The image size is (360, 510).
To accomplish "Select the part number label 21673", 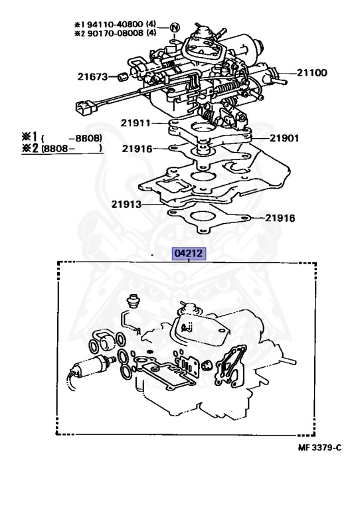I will coord(92,76).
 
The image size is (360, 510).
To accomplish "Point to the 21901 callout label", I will coord(284,139).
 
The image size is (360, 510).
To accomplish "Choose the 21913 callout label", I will coord(126,204).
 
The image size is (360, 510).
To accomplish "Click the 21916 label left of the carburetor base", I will coord(137,149).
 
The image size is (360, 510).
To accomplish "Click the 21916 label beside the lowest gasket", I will coord(280,217).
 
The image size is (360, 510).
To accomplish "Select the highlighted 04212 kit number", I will coord(189,253).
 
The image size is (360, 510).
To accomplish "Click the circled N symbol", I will coord(175,27).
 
